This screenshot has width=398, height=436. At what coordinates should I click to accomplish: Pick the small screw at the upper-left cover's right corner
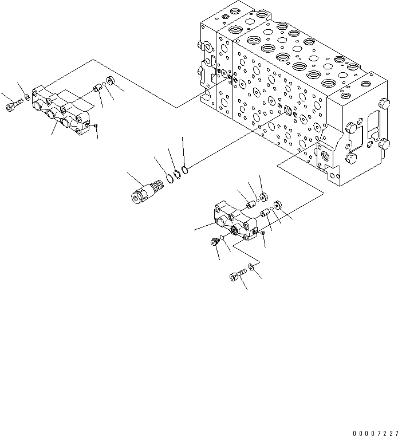click(x=96, y=125)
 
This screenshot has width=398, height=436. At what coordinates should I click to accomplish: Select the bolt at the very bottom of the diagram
click(x=235, y=277)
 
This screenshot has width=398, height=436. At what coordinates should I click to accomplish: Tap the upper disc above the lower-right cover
click(x=263, y=197)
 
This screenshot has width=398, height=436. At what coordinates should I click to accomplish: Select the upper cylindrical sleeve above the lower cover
click(x=250, y=203)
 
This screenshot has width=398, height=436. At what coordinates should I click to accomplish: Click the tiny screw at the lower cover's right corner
click(x=262, y=233)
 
